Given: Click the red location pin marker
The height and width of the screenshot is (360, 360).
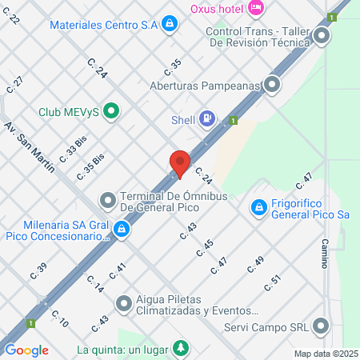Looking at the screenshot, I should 180,164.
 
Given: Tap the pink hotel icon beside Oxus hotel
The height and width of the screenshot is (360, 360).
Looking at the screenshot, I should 255,8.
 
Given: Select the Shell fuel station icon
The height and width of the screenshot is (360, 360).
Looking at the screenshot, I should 207,120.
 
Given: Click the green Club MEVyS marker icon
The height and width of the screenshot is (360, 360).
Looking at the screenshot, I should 111,111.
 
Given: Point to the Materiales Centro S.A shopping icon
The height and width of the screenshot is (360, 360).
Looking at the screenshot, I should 169,25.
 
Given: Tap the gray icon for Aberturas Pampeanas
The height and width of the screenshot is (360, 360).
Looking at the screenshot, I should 274,83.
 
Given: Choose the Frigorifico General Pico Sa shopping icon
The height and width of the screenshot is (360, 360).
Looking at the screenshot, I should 258,209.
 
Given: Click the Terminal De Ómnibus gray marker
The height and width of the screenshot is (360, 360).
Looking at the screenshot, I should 107,198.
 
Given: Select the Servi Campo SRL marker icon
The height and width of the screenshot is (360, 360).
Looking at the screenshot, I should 322,326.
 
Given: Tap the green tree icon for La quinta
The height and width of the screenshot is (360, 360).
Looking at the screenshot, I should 182,349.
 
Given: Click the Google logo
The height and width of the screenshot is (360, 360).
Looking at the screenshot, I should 26,350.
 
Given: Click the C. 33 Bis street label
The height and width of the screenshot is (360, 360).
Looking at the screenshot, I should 75,148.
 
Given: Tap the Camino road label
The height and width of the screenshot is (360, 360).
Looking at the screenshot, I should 325,254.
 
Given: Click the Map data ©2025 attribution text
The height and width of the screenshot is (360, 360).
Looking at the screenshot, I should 326,354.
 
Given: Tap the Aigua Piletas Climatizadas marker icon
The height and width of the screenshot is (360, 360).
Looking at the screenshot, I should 123,303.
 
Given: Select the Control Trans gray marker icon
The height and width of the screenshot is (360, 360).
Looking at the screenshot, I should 322,36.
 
